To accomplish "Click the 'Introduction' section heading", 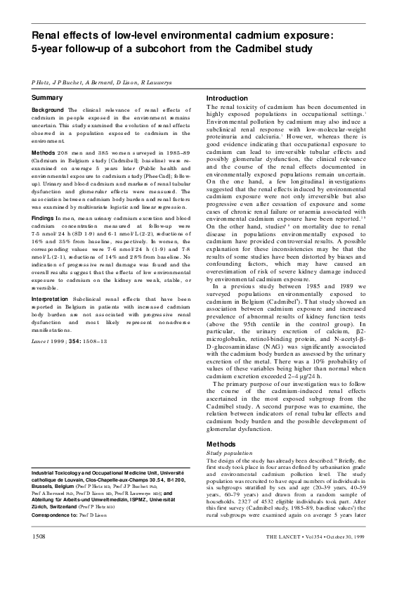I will tap(229, 98).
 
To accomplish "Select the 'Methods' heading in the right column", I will tap(223, 444).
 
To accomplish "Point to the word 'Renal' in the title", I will tap(50, 34).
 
